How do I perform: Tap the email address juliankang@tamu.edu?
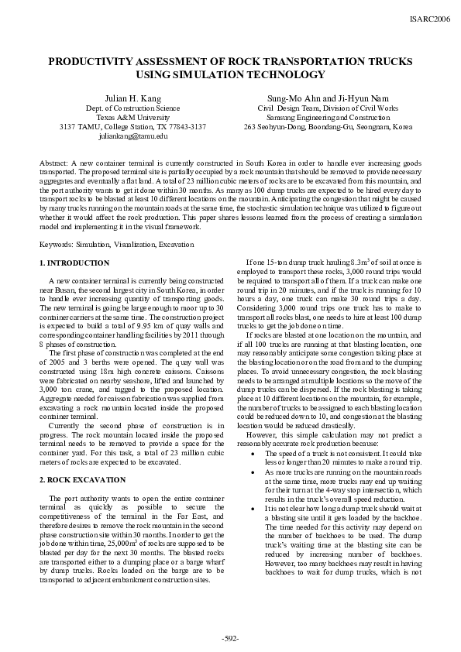(x=133, y=136)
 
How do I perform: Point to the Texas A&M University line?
(x=133, y=117)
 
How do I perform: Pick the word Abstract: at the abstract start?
(x=53, y=165)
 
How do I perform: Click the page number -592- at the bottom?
(x=230, y=637)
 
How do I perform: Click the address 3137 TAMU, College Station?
(x=133, y=126)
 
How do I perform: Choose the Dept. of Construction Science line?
(x=133, y=108)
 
